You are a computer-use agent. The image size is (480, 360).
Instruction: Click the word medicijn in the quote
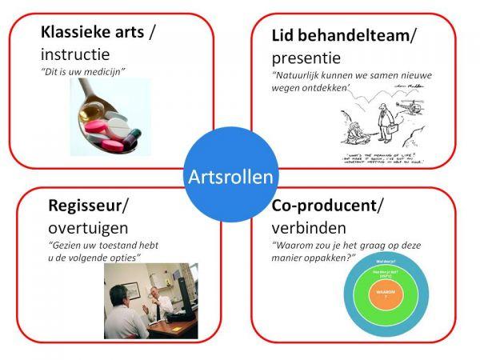tap(106, 73)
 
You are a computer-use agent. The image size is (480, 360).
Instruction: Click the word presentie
tap(306, 58)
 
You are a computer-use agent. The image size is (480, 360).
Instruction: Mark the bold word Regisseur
tap(86, 206)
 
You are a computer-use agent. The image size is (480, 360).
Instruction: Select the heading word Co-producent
tap(325, 206)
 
